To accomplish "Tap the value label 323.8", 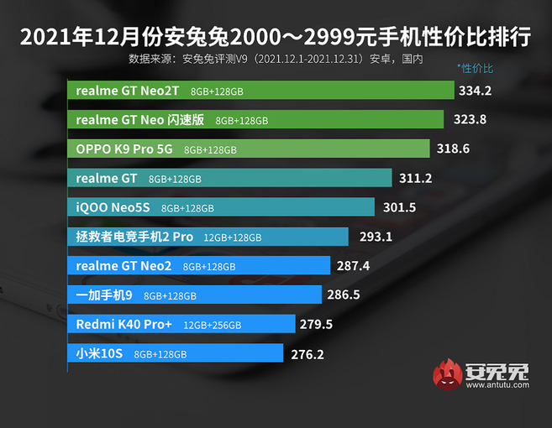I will coord(470,119).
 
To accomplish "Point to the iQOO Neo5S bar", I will coord(220,207).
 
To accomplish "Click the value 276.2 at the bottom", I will coord(308,354).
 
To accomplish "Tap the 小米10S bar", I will coord(175,353).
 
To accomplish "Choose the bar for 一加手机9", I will coord(194,295).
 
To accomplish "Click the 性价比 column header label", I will coord(476,66).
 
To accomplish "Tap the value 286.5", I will coord(348,295).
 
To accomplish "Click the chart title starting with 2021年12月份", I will coord(275,38).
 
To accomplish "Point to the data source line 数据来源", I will coord(276,59).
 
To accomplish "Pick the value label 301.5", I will coord(400,207).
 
